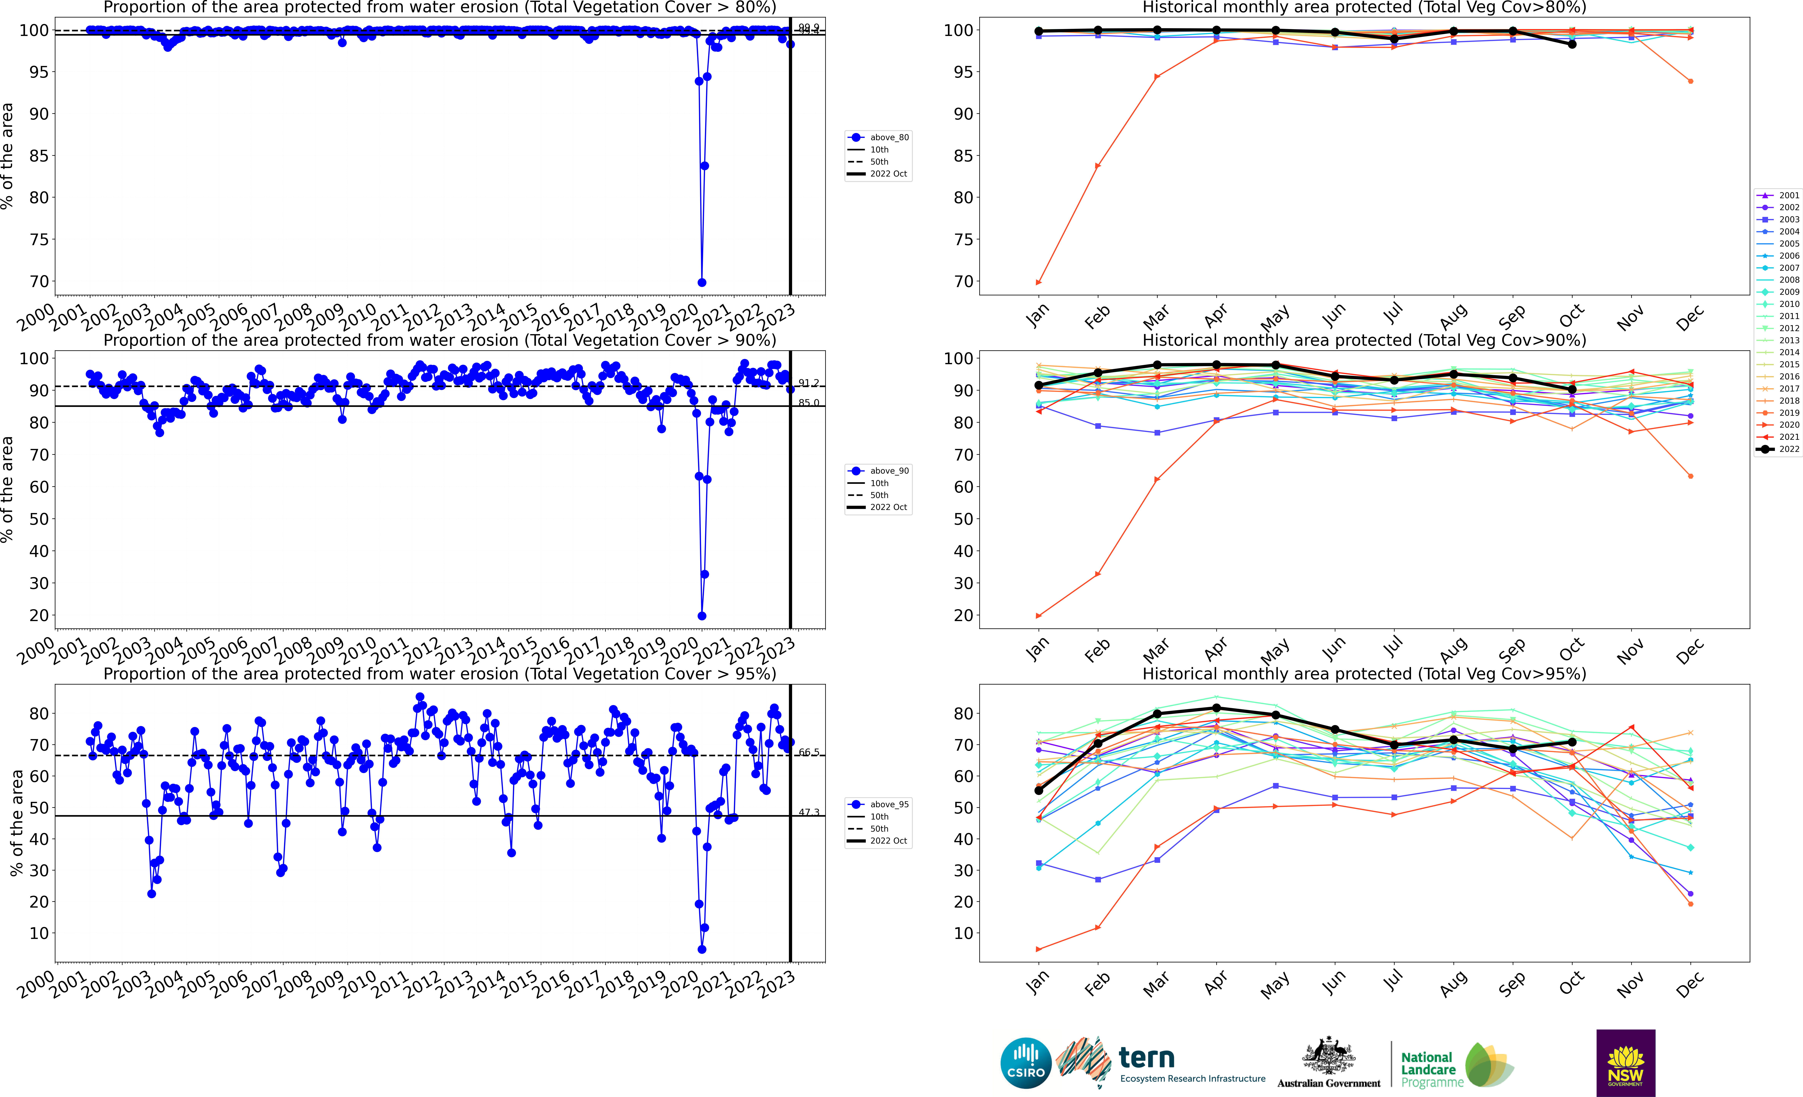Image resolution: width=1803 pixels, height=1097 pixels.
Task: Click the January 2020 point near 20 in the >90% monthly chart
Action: [1038, 616]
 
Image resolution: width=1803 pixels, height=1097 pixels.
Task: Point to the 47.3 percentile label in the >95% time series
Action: [808, 813]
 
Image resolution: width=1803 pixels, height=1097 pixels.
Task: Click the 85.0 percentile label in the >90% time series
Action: [808, 403]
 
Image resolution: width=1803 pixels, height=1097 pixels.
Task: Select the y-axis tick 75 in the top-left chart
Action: [39, 240]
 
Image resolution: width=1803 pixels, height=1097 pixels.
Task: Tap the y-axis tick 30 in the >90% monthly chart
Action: [963, 584]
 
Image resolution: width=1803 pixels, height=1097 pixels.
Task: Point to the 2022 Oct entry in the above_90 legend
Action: [888, 507]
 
